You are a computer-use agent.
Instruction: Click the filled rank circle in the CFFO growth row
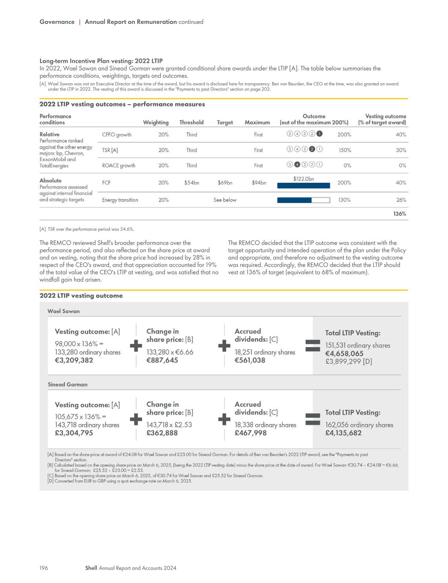319,134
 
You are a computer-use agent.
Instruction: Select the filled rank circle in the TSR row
312,149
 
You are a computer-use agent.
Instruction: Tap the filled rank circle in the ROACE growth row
297,164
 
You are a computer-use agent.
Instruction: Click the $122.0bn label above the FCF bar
304,179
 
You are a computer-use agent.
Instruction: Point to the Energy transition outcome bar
304,200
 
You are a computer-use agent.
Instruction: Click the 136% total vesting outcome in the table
400,214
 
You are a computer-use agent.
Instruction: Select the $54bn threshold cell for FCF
192,183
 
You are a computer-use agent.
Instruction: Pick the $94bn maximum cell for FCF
259,183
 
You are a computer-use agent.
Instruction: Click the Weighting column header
156,122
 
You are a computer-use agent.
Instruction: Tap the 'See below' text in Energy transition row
225,200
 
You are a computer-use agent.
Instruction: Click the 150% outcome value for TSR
345,150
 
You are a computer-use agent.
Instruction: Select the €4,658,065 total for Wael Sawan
345,353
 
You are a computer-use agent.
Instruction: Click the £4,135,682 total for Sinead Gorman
344,433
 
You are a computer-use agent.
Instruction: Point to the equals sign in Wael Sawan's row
313,346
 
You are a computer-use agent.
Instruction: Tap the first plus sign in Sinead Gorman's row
136,419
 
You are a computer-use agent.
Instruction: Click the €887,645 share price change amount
162,360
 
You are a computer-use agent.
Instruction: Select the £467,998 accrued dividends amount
251,433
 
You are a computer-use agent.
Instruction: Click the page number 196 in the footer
44,568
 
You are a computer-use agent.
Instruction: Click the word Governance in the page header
57,22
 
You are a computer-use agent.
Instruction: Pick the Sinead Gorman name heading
68,384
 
